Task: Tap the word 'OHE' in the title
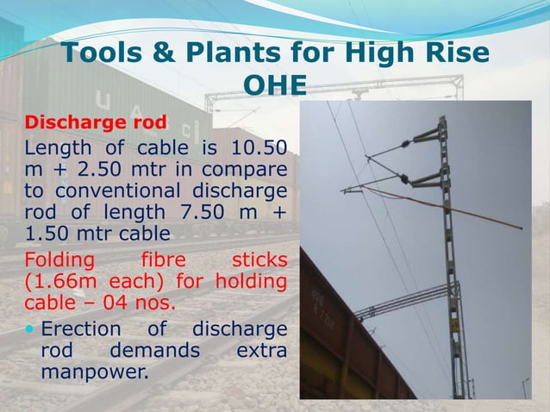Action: point(275,85)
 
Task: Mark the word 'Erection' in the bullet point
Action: point(84,329)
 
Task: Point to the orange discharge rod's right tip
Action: point(520,228)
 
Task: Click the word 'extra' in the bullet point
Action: point(259,352)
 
